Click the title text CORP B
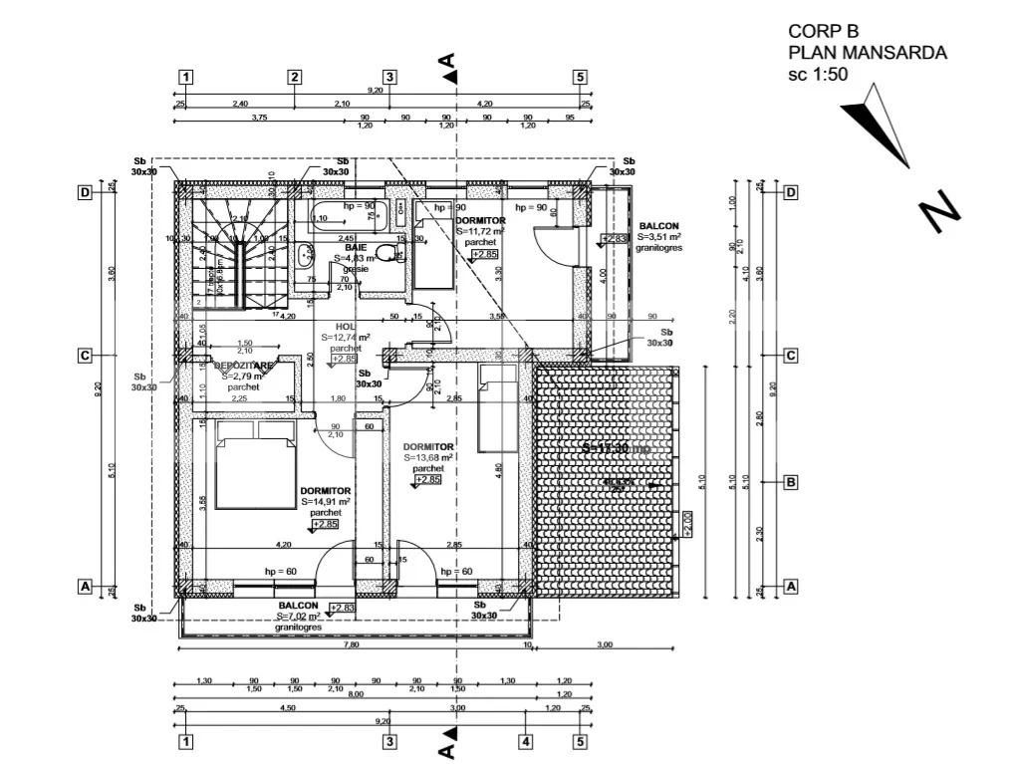pos(823,31)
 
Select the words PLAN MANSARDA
pos(867,53)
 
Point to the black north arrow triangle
pos(878,124)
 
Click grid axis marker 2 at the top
pos(295,77)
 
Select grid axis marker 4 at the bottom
pos(525,741)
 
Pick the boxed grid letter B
pos(791,482)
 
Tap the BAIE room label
pos(357,247)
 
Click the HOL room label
pos(346,326)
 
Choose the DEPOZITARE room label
pos(243,366)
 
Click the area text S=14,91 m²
pos(326,502)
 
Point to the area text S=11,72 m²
pos(481,231)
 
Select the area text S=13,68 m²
pos(429,457)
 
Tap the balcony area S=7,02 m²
pos(298,617)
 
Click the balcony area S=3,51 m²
pos(659,237)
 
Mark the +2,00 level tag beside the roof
pos(686,520)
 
